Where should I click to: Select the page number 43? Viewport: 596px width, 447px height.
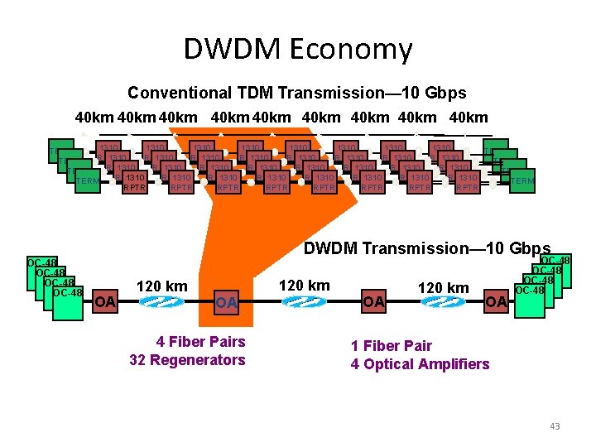coord(555,426)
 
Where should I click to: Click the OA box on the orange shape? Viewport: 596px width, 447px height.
coord(225,303)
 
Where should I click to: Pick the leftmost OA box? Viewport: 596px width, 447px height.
coord(104,300)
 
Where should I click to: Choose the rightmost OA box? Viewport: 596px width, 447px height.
coord(496,302)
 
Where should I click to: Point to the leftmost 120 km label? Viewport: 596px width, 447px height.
coord(161,286)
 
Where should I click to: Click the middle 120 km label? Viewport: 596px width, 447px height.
coord(305,286)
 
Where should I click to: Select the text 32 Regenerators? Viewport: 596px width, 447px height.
coord(187,359)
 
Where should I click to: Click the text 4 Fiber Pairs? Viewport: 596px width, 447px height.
coord(201,341)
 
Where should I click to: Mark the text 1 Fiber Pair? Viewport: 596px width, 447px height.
coord(392,345)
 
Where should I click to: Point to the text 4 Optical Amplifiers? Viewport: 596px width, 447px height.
coord(420,363)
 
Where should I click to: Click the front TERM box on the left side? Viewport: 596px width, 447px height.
coord(88,181)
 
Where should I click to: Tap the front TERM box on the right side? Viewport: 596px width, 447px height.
coord(521,181)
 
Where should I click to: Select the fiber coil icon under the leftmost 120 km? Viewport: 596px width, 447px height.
coord(154,302)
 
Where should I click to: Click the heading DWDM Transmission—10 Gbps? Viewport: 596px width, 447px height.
coord(427,248)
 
